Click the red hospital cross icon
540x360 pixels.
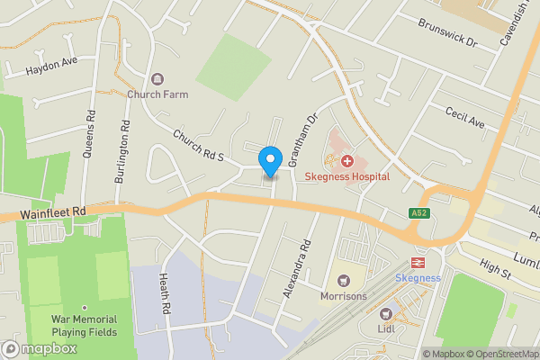pyautogui.click(x=346, y=160)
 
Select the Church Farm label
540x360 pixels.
pyautogui.click(x=156, y=94)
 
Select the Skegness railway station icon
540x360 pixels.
pyautogui.click(x=418, y=263)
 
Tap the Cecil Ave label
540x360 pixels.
pyautogui.click(x=465, y=116)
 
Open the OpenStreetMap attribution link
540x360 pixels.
pyautogui.click(x=500, y=354)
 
